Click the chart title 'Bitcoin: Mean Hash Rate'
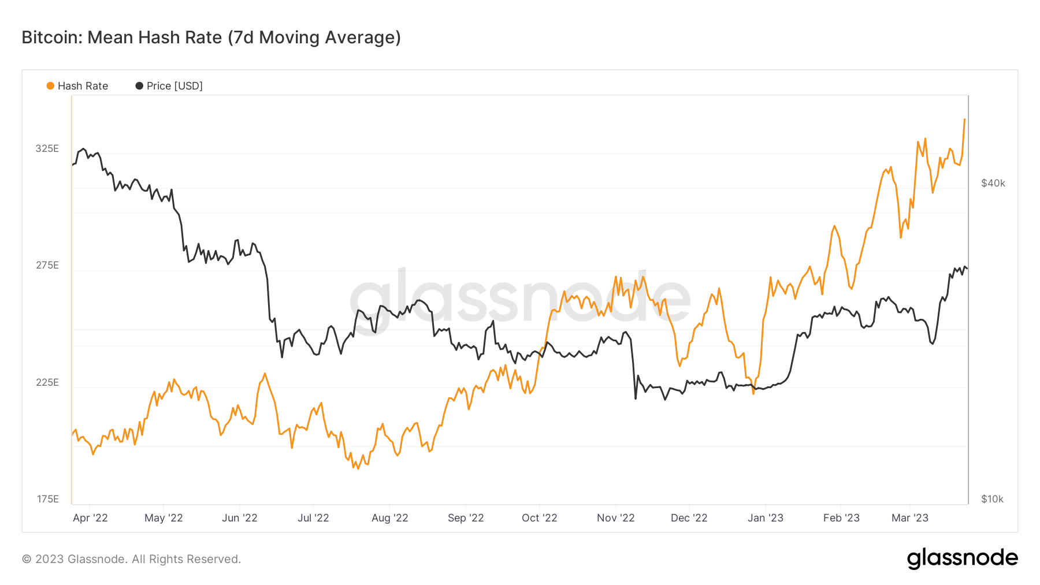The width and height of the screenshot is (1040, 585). (211, 38)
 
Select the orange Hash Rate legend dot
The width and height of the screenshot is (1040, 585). (50, 86)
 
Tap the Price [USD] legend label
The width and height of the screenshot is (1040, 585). (174, 86)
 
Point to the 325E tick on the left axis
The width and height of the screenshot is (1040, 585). (47, 148)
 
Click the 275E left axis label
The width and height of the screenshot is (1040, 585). (47, 265)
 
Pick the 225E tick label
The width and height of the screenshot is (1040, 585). (47, 382)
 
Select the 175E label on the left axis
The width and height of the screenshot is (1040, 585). (47, 499)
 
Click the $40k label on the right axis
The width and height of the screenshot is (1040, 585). (993, 183)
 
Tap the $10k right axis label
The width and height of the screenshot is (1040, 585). (992, 499)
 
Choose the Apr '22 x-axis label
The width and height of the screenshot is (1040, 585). (90, 518)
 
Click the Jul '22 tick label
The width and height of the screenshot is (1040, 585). (313, 518)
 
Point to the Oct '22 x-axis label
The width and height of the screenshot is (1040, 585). (539, 518)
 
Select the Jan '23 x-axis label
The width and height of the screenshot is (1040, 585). (766, 518)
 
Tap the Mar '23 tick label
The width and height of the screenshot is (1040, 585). (910, 518)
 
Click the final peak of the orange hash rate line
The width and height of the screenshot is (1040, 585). (964, 120)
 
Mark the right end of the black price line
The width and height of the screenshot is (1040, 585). (967, 269)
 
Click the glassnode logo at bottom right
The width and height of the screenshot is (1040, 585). (963, 558)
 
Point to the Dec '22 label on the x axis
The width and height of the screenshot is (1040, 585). (689, 518)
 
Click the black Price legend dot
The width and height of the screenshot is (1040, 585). (139, 86)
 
